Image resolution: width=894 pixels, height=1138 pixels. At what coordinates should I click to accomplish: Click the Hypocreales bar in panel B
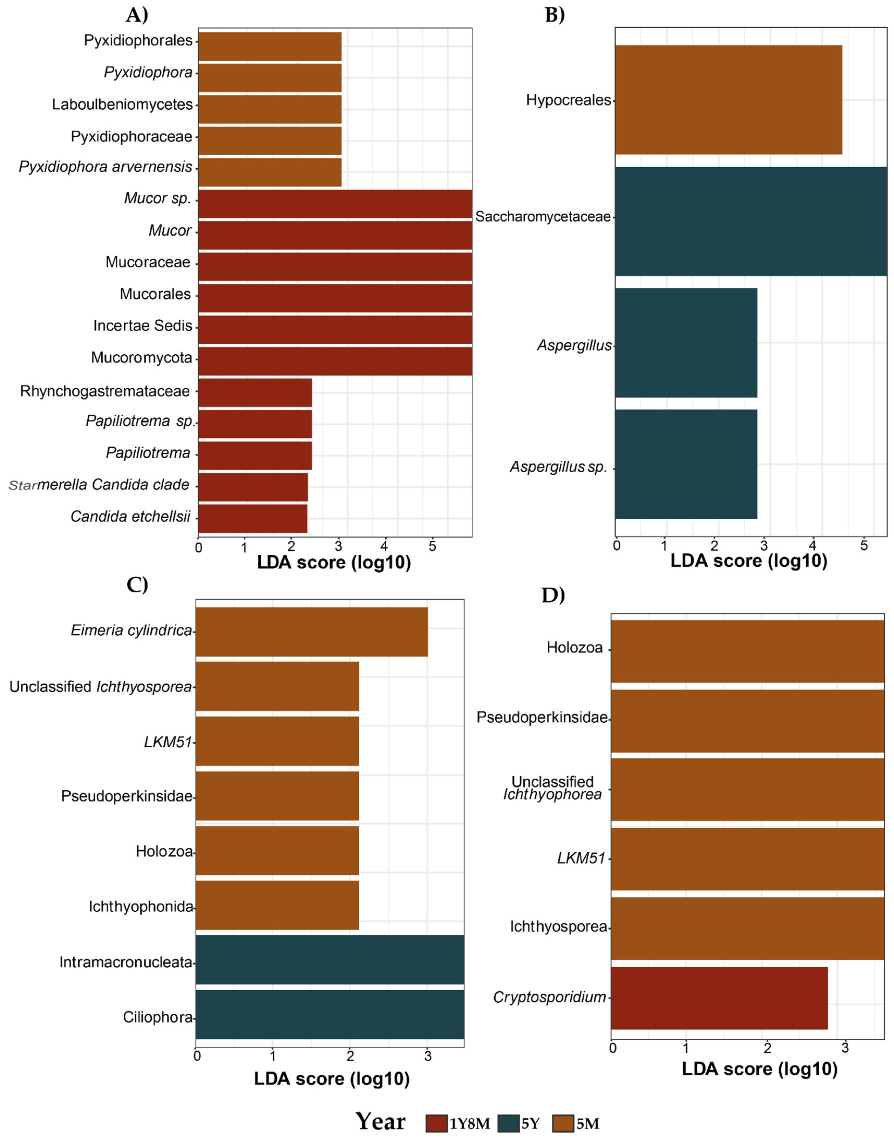pyautogui.click(x=728, y=100)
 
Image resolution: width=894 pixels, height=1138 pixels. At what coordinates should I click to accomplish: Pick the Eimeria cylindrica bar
pyautogui.click(x=311, y=631)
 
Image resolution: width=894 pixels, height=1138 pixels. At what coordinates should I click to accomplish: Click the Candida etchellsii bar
pyautogui.click(x=252, y=518)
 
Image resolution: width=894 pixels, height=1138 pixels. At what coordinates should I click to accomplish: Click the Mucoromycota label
pyautogui.click(x=141, y=358)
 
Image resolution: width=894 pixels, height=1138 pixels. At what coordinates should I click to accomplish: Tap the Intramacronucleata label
pyautogui.click(x=126, y=962)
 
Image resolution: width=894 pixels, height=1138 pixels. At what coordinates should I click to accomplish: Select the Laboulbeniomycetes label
pyautogui.click(x=123, y=105)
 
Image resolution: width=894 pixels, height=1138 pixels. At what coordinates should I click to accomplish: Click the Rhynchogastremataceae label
pyautogui.click(x=105, y=391)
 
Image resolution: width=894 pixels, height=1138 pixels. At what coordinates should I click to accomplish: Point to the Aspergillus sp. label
pyautogui.click(x=558, y=467)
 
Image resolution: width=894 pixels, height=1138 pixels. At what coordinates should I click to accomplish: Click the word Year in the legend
pyautogui.click(x=381, y=1122)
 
